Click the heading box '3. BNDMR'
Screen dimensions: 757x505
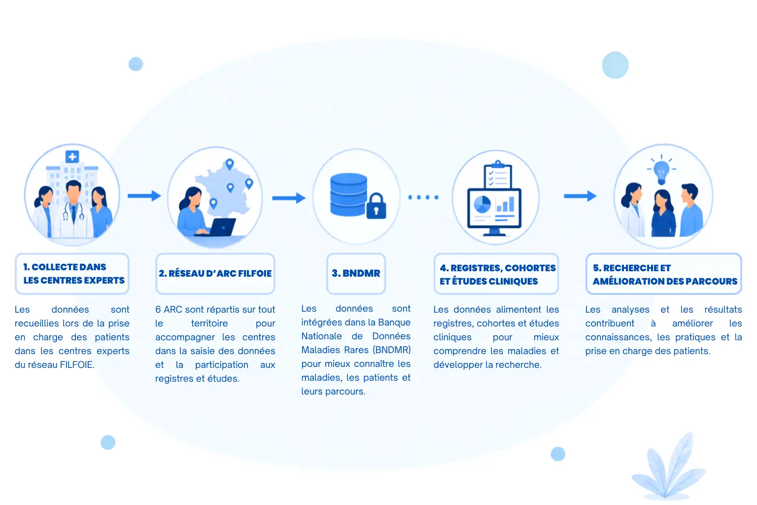click(x=356, y=273)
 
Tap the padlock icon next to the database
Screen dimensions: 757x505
click(x=376, y=206)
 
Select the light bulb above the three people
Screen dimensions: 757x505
click(x=661, y=171)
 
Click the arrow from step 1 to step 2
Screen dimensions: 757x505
click(x=144, y=195)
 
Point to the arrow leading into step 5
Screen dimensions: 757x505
click(x=580, y=196)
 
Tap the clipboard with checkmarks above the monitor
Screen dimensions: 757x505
click(x=497, y=175)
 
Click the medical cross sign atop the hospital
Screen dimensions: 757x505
click(x=72, y=157)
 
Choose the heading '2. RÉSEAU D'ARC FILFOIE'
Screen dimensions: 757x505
click(x=215, y=273)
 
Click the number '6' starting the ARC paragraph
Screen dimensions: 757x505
click(x=158, y=310)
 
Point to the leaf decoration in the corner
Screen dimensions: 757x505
click(x=668, y=466)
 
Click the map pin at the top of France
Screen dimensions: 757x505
click(x=230, y=164)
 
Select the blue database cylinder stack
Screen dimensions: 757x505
click(x=348, y=194)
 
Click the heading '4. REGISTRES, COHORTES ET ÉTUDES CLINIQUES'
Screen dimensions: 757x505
click(x=497, y=274)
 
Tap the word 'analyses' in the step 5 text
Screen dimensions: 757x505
click(x=630, y=310)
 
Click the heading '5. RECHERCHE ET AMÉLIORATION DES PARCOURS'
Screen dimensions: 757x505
click(x=665, y=274)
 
